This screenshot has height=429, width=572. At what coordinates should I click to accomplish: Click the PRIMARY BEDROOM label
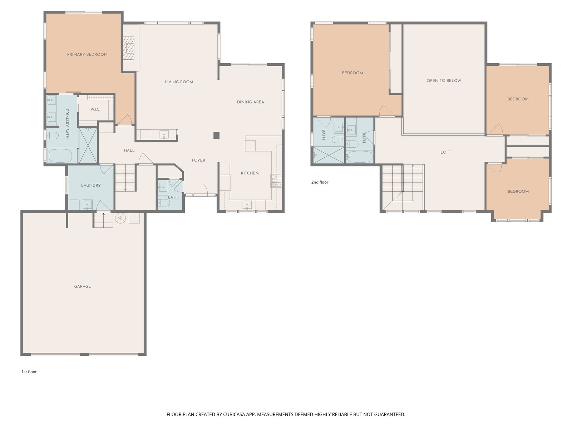point(87,54)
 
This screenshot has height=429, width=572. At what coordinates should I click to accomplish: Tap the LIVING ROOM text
point(179,82)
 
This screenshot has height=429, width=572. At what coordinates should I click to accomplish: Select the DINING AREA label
point(251,102)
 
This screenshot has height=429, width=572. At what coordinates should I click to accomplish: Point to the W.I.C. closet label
point(95,109)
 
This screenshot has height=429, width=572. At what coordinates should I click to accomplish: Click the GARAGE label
point(83,286)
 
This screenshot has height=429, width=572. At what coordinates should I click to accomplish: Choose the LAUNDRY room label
point(91,186)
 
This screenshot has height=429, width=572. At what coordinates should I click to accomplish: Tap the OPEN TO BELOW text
point(444,81)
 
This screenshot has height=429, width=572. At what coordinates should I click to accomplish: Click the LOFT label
point(445,152)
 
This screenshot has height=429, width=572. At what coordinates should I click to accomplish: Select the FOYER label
point(198,160)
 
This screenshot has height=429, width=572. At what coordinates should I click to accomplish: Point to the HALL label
point(129,150)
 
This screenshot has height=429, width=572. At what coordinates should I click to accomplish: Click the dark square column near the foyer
point(216,135)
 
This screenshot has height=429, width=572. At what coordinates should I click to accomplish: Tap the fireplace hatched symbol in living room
point(129,49)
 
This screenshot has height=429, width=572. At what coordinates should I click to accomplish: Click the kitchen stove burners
point(276,181)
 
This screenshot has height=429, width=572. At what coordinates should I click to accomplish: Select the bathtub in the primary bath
point(60,156)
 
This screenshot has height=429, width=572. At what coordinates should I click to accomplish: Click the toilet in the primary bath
point(53,135)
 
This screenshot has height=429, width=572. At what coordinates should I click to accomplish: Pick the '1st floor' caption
point(29,372)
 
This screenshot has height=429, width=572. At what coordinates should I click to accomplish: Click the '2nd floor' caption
point(320,182)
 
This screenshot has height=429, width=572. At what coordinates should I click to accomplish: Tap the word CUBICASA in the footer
point(234,414)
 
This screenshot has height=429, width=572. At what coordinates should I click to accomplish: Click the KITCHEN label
point(250,173)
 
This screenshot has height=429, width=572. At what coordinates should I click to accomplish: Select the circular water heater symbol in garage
point(120,218)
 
